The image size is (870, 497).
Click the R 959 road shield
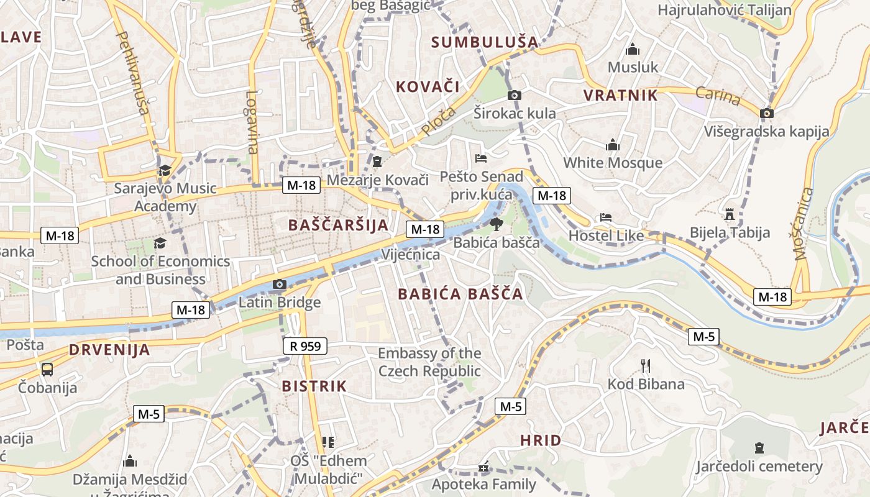(304, 346)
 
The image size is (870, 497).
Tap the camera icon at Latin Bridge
(280, 285)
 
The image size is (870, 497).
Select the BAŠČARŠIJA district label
(338, 225)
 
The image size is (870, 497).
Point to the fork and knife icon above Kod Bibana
(646, 365)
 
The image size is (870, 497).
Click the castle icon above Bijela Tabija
(730, 214)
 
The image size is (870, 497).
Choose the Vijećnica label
(410, 255)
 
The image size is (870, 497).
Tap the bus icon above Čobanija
(47, 370)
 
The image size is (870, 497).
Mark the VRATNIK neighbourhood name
(620, 95)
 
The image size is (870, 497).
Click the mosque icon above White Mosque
(613, 145)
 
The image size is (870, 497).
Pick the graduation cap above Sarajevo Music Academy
(165, 171)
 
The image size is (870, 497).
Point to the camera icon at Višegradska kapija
(767, 113)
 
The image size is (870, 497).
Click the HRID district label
(540, 440)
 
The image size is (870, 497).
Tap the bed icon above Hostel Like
(606, 217)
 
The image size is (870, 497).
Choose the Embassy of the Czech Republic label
(429, 362)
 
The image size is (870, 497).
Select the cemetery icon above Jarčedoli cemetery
(759, 447)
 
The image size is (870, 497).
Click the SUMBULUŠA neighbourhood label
(485, 42)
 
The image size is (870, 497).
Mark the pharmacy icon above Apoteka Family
(484, 467)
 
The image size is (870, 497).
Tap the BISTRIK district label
(314, 386)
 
